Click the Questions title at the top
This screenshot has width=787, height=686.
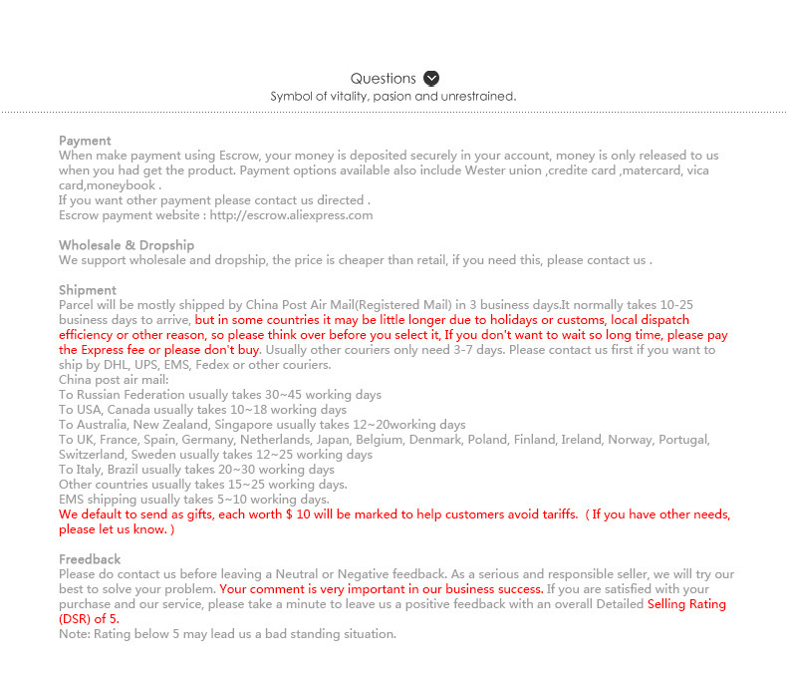383,79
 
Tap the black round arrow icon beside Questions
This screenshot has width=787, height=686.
431,79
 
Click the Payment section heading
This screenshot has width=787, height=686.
85,141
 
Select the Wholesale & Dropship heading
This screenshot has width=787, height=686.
127,245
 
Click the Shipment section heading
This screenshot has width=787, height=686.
88,290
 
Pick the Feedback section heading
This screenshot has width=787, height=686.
90,559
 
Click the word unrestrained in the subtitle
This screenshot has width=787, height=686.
477,97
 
